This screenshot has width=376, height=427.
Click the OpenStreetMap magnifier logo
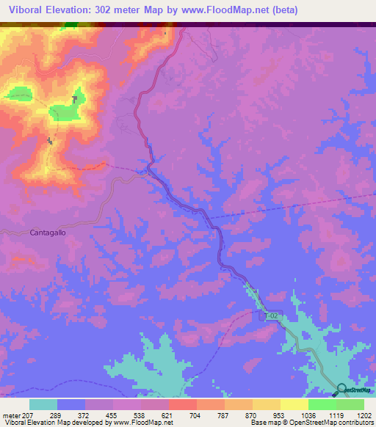pos(342,389)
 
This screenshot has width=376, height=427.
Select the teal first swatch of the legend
pos(43,404)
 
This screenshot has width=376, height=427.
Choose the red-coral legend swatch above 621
pos(182,404)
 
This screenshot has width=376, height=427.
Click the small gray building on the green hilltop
pos(75,99)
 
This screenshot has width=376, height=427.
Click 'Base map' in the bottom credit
pos(262,423)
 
